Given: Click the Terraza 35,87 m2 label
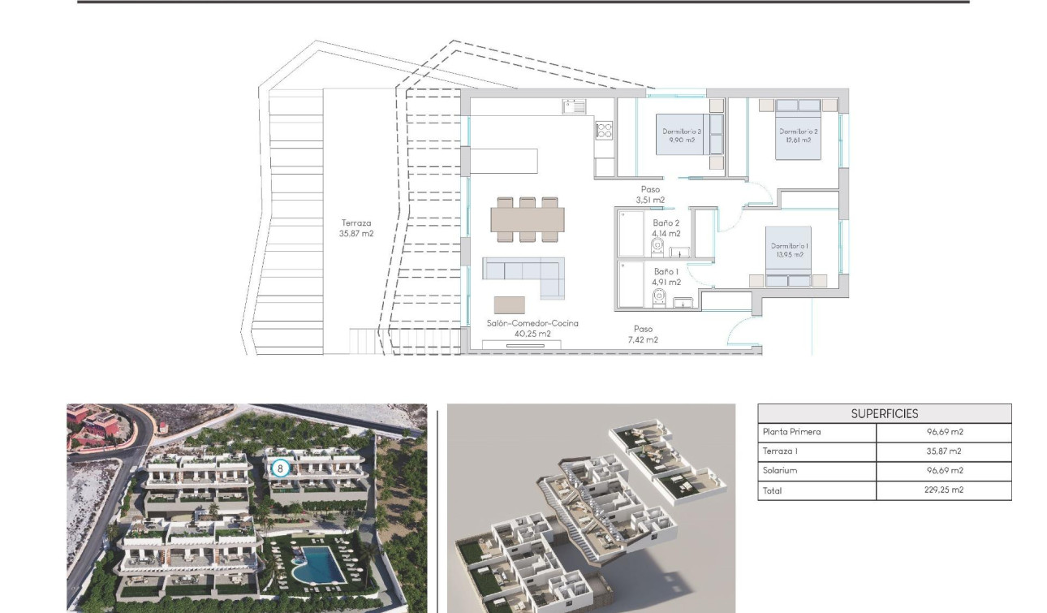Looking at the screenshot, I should point(357,228).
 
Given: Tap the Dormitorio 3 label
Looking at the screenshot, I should point(682,136).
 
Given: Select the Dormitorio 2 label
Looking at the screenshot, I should point(799,136).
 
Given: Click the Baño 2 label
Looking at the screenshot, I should point(666,228).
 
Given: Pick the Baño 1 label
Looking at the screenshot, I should point(666,277).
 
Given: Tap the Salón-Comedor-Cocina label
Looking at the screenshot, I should point(532,328).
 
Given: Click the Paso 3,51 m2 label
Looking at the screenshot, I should point(651,194).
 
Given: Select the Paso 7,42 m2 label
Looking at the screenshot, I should point(644,335).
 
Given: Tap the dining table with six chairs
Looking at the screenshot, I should point(528,219).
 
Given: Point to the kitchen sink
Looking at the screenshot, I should point(574,106).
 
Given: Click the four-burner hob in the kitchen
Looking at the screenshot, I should point(605,129).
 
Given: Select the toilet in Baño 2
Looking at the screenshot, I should point(657,245).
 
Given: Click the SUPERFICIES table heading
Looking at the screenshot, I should point(885,413).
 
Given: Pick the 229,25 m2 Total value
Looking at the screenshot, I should point(943,490).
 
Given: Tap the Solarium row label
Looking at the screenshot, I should point(780,471).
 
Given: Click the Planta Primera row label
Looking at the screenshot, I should point(791,432).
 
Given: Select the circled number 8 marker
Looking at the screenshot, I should point(280,468).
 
